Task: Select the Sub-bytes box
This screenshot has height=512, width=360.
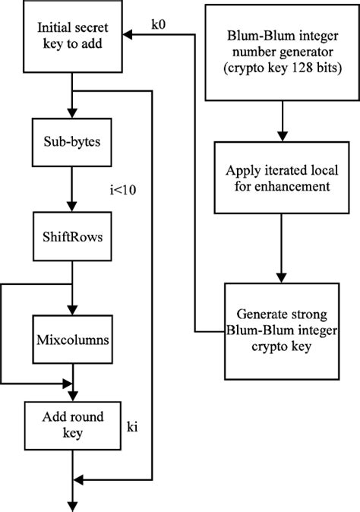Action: click(71, 141)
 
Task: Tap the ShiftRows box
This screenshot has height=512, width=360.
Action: click(71, 235)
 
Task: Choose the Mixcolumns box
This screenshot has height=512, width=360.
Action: click(72, 337)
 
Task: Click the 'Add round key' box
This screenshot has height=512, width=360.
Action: click(71, 425)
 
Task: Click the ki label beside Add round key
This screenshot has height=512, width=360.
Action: click(132, 428)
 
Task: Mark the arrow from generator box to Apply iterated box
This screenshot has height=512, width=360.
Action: click(283, 122)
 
